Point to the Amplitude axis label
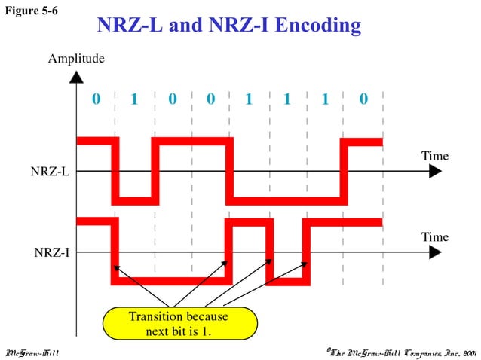coord(76,58)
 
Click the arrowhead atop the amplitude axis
coord(76,76)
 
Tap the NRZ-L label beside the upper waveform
coord(50,172)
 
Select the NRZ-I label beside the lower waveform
coord(51,252)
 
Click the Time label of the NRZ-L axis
coord(435,156)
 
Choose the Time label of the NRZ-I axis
coord(435,237)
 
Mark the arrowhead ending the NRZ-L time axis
coord(435,172)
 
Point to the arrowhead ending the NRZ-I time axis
coord(435,253)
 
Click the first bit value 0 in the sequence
coord(95,99)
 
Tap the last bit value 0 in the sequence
coord(364,99)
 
